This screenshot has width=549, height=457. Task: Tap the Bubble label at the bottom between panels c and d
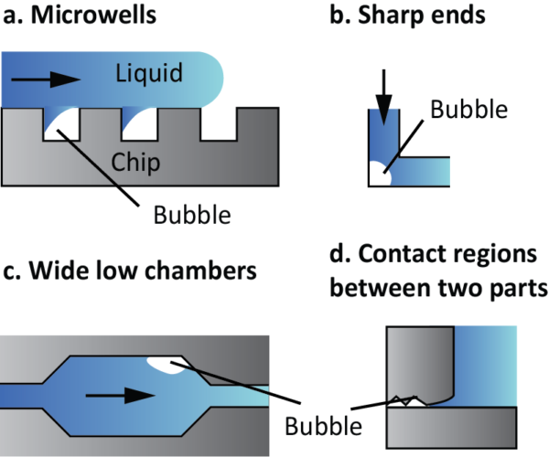[x=323, y=426]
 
